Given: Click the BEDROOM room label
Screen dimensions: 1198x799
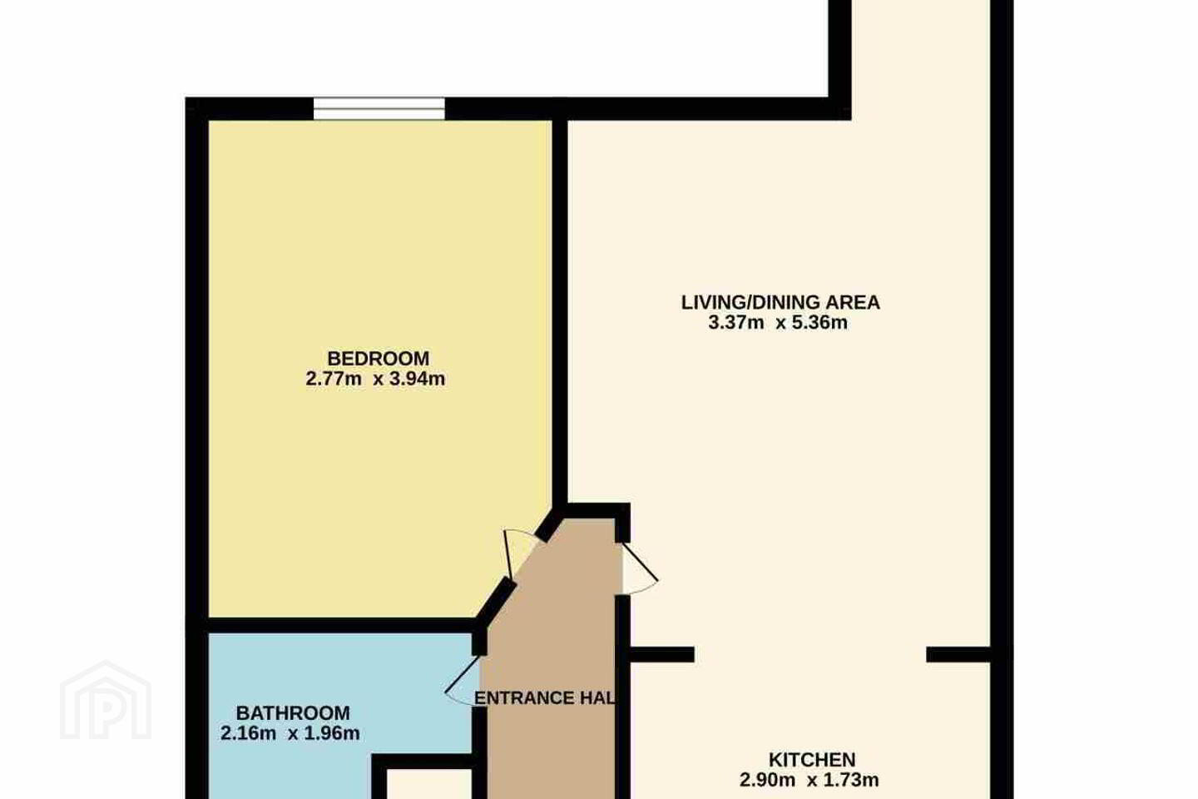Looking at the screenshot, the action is (x=378, y=358).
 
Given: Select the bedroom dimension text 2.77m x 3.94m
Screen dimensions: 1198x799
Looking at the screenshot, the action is (x=375, y=379).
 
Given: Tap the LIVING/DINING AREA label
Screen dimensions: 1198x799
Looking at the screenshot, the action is (x=780, y=302).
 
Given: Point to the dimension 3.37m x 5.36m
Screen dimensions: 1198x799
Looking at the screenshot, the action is (x=778, y=323).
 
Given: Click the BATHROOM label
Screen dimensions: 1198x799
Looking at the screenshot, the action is (x=293, y=712).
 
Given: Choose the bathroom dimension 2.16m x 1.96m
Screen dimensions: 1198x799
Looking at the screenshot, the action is (x=290, y=732).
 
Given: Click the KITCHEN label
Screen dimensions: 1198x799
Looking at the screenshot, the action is (x=812, y=759).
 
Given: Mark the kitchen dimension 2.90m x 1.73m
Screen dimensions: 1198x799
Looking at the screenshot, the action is (x=809, y=780).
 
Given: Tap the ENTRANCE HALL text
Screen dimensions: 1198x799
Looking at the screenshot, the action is (x=545, y=697).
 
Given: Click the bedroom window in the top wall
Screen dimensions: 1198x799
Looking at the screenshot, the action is (x=379, y=109).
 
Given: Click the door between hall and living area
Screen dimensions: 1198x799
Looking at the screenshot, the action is (x=639, y=568).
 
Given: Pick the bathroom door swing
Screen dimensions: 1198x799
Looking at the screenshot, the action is (x=463, y=681).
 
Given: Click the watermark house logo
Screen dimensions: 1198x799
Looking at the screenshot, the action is (x=106, y=700).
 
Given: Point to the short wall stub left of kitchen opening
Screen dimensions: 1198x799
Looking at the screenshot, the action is (x=661, y=654).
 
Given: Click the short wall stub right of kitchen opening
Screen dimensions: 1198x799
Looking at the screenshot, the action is (x=958, y=654).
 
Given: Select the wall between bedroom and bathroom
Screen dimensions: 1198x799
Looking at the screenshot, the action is (x=340, y=625).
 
